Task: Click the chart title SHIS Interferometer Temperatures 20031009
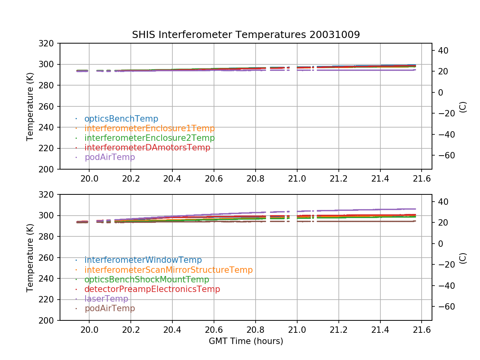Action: coord(246,35)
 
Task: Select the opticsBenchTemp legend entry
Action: coord(121,119)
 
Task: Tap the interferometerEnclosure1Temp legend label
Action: coord(149,128)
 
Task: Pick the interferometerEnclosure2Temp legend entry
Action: coord(149,138)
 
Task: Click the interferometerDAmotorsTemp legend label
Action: coord(147,148)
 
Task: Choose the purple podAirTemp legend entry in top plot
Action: coord(110,157)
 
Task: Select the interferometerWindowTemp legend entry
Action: coord(143,260)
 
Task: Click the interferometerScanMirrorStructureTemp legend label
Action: coord(168,270)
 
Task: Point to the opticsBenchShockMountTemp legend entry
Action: coord(146,280)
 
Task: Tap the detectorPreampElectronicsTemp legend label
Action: coord(152,289)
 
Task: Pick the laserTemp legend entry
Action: coord(106,299)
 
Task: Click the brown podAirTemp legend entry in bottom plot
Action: coord(110,308)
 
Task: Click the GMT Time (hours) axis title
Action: coord(246,341)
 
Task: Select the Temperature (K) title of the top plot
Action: coord(30,106)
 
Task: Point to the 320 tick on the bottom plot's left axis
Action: coord(49,195)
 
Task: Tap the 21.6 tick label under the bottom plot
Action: coord(422,330)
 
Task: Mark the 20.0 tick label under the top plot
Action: coord(89,179)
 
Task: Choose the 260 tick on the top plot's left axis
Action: coord(49,106)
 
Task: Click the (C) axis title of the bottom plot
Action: coord(463,258)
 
